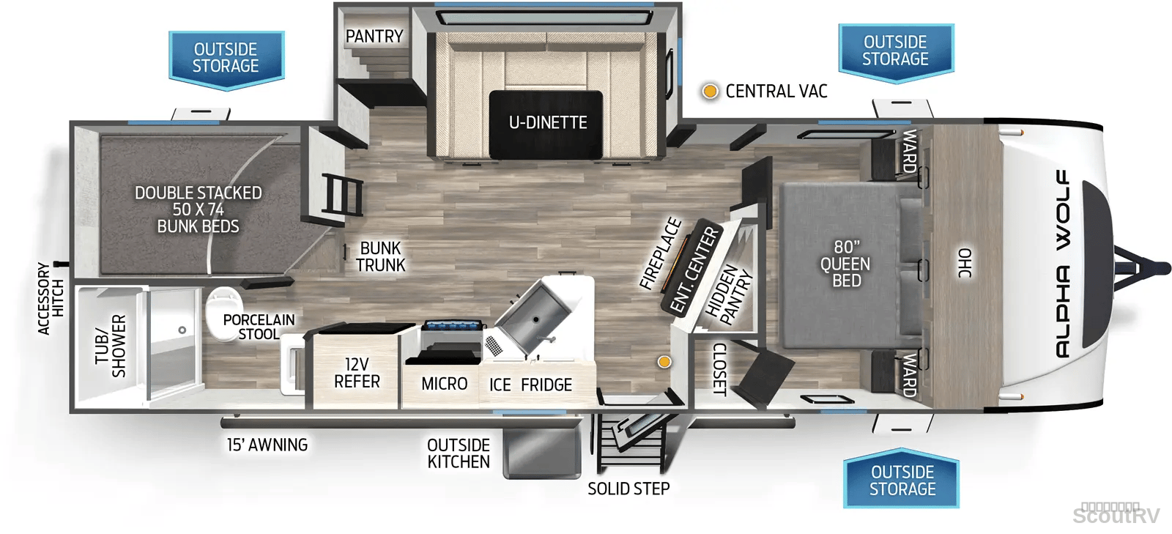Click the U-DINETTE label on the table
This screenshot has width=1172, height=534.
[x=548, y=122]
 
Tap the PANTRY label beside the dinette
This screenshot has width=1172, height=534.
[x=374, y=36]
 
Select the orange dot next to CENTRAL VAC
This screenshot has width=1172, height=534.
[x=710, y=92]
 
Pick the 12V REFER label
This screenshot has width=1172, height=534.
[x=357, y=372]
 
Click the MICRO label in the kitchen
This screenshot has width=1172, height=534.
[x=444, y=384]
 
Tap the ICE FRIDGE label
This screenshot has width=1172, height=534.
[x=530, y=385]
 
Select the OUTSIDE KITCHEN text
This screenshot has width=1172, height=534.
[x=459, y=453]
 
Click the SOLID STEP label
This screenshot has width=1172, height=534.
[x=628, y=489]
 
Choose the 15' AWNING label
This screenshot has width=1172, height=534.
[x=267, y=445]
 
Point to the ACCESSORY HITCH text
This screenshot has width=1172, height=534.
[x=51, y=299]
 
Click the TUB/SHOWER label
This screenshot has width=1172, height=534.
[x=111, y=346]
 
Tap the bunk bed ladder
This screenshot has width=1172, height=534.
[x=342, y=195]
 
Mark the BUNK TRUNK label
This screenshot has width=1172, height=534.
[x=380, y=256]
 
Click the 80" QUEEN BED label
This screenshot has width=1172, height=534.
[x=845, y=264]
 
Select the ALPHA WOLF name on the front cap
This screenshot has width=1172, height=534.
[x=1062, y=264]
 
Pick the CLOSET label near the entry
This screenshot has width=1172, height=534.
[x=720, y=369]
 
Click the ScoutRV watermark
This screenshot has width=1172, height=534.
[x=1116, y=516]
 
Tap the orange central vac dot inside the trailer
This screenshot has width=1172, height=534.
[x=664, y=362]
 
